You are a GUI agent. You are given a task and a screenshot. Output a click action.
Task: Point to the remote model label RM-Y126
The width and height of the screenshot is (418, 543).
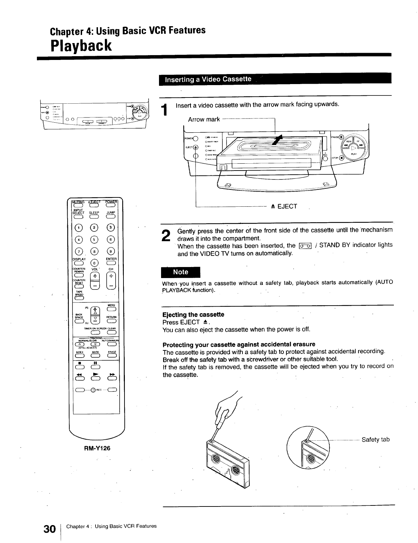point(97,448)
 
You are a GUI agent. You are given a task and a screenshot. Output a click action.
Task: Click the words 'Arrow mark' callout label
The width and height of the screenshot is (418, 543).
point(204,120)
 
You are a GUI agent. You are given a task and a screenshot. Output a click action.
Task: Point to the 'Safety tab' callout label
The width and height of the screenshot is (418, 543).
point(376,440)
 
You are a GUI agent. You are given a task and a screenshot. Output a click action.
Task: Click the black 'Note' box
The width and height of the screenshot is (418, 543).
point(181,272)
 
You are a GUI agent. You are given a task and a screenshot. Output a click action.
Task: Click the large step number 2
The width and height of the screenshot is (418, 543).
point(167,235)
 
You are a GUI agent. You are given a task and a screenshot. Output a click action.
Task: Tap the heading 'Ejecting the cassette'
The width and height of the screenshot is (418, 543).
point(193,315)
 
